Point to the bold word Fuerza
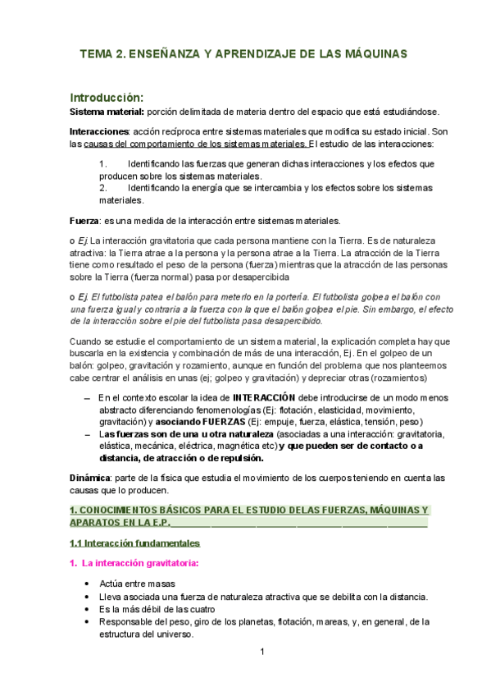[83, 220]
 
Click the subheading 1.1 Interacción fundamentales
[134, 543]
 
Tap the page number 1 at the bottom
[261, 652]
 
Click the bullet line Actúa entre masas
[137, 583]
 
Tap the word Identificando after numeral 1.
[156, 164]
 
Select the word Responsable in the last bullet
[126, 622]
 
